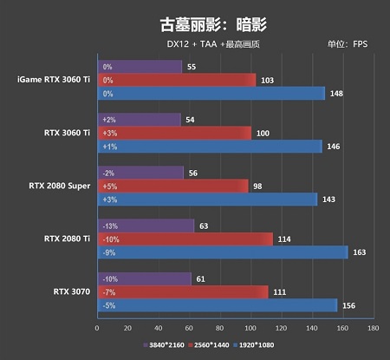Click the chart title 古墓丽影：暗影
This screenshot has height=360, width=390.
pos(213,24)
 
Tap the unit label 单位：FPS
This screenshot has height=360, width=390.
pos(348,44)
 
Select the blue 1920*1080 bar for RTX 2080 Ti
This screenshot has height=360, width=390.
pos(223,252)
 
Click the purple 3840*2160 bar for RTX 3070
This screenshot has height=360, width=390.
pos(145,279)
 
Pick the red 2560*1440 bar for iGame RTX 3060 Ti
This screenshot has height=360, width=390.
pos(177,80)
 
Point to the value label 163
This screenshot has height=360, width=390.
pos(360,252)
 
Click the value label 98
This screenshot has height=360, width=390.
pos(257,187)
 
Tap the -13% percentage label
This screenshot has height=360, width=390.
pos(110,226)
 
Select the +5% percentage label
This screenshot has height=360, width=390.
pos(110,187)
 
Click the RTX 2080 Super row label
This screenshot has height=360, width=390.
pos(60,186)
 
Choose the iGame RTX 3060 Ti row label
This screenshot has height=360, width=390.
pos(54,80)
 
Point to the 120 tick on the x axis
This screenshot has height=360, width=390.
pos(281,328)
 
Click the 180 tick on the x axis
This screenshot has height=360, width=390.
pos(374,328)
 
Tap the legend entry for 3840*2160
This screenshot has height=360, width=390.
pos(164,345)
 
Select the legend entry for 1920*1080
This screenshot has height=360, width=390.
pos(254,345)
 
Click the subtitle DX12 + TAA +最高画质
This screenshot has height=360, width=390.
pos(213,44)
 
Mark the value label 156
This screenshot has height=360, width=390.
pos(349,305)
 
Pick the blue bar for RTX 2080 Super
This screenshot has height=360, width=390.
pos(208,200)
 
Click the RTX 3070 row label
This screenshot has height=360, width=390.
pos(72,291)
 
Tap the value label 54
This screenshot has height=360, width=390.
pos(190,120)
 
